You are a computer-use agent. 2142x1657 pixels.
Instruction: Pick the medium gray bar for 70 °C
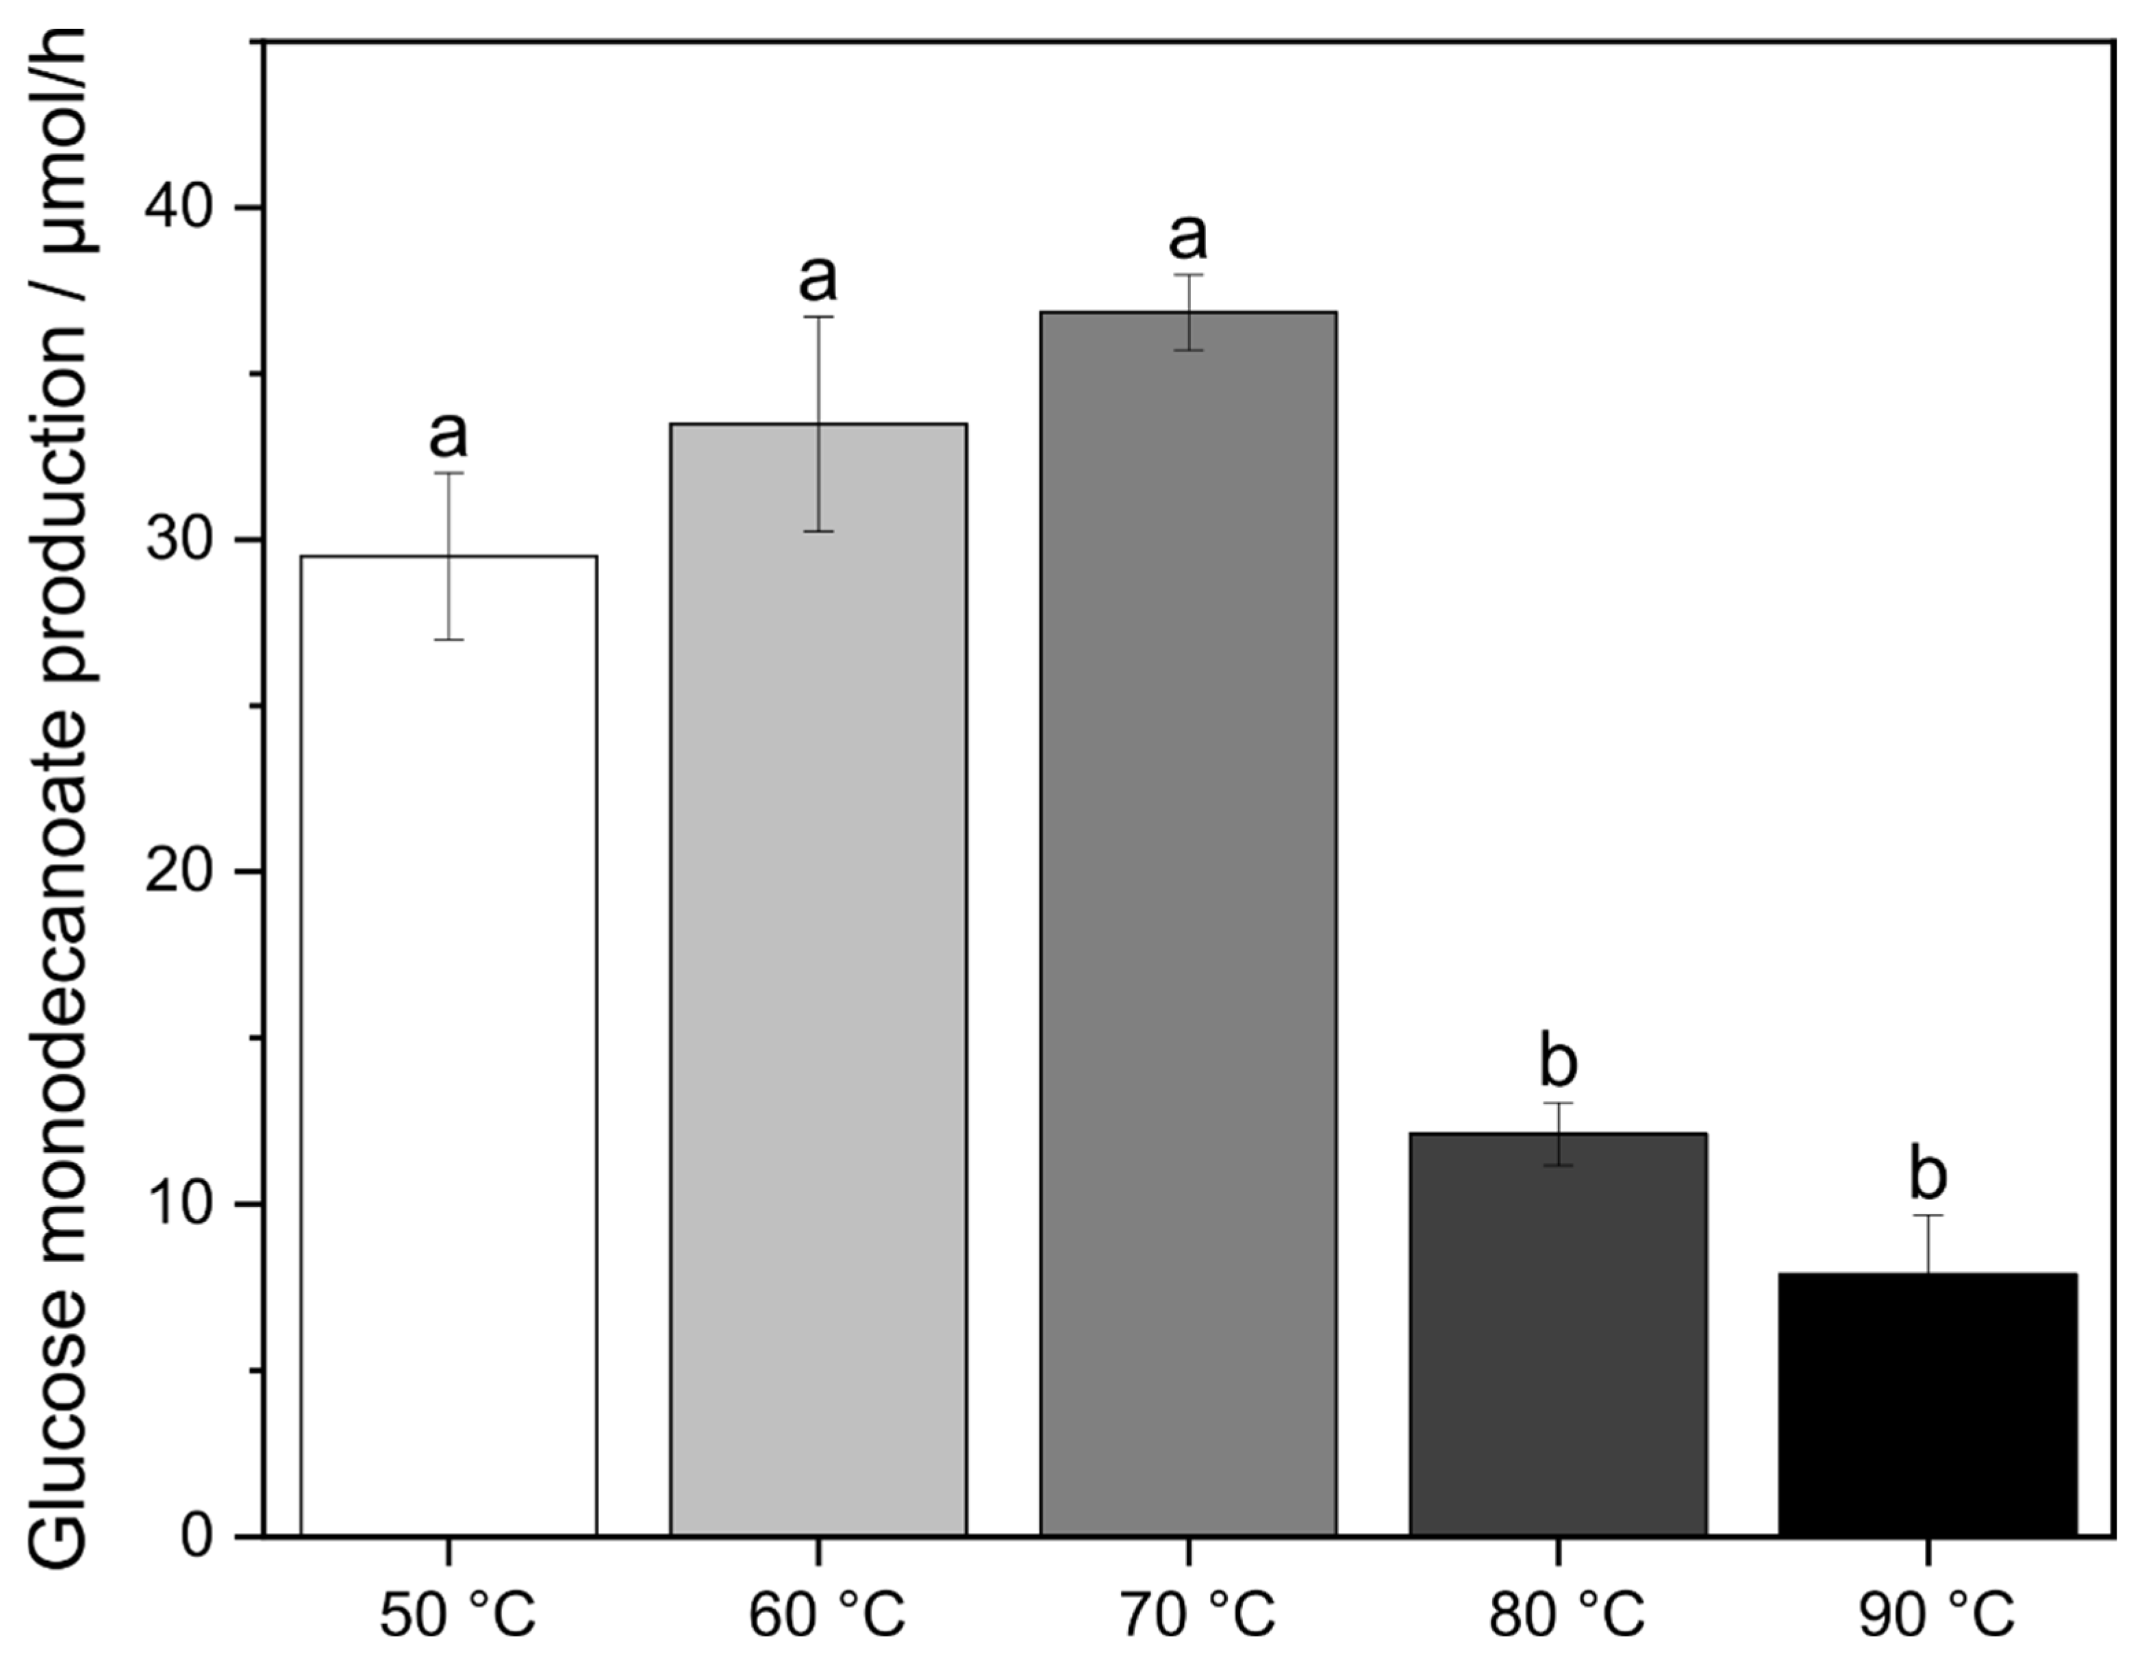tap(1187, 932)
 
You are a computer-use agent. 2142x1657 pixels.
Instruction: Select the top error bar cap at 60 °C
tap(818, 317)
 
